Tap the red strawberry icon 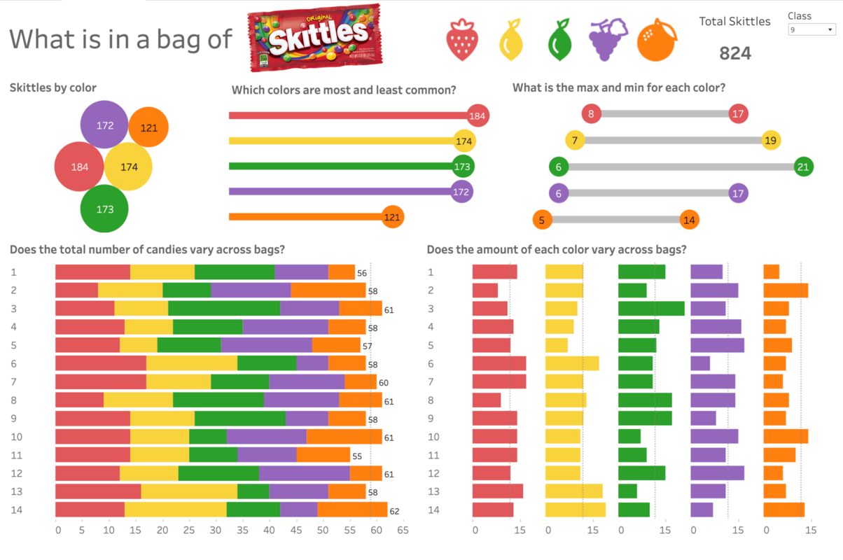pyautogui.click(x=462, y=39)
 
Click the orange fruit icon pyautogui.click(x=657, y=39)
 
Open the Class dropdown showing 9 pyautogui.click(x=811, y=30)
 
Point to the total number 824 pyautogui.click(x=735, y=53)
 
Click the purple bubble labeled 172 pyautogui.click(x=104, y=125)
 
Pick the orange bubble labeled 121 pyautogui.click(x=148, y=127)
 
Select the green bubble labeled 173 pyautogui.click(x=104, y=209)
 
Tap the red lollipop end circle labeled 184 pyautogui.click(x=477, y=116)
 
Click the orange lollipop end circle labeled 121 pyautogui.click(x=392, y=217)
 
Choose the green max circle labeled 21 pyautogui.click(x=804, y=167)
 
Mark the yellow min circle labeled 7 pyautogui.click(x=575, y=141)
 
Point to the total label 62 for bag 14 pyautogui.click(x=394, y=511)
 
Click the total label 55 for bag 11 pyautogui.click(x=357, y=456)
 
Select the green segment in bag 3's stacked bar pyautogui.click(x=224, y=309)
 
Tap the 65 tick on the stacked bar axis pyautogui.click(x=402, y=531)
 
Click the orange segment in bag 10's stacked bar pyautogui.click(x=344, y=437)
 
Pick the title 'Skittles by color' pyautogui.click(x=53, y=87)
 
